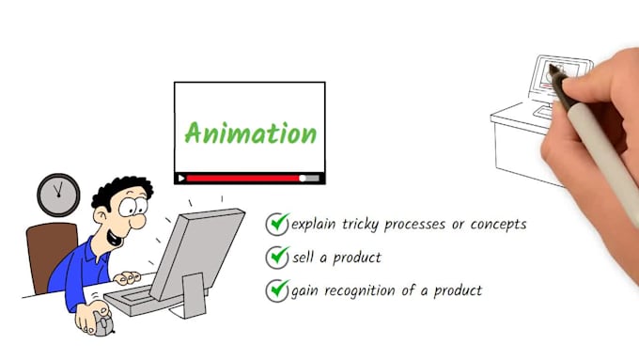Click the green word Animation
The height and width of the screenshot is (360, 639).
coord(250,133)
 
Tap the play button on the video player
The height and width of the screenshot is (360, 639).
coord(181,178)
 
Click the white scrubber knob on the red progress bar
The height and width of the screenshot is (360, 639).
coord(303,178)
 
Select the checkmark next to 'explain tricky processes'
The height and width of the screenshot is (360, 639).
coord(278,224)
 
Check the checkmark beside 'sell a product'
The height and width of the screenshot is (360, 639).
coord(278,257)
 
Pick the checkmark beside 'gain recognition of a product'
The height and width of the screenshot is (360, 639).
coord(278,290)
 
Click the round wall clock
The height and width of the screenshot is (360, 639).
coord(58,195)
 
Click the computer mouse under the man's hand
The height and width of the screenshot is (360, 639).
coord(102,325)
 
